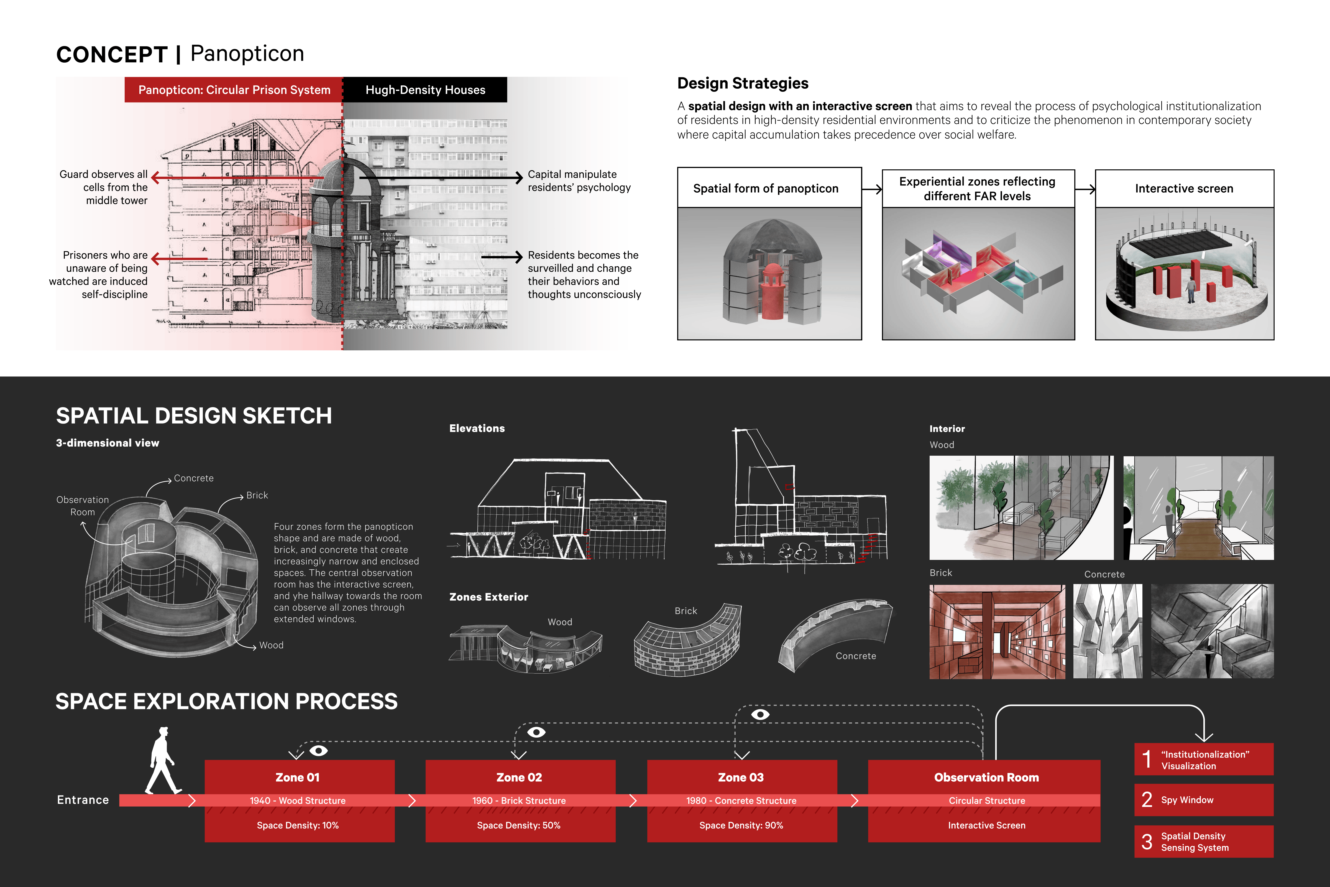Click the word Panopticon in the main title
247,54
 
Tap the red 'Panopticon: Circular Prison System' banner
234,90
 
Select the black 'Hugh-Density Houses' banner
425,90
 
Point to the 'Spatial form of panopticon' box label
766,188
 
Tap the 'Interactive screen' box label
1184,188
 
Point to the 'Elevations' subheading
477,428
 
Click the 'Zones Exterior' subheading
488,597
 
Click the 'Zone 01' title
297,777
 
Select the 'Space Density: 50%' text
518,825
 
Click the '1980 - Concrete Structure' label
741,801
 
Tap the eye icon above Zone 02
536,732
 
